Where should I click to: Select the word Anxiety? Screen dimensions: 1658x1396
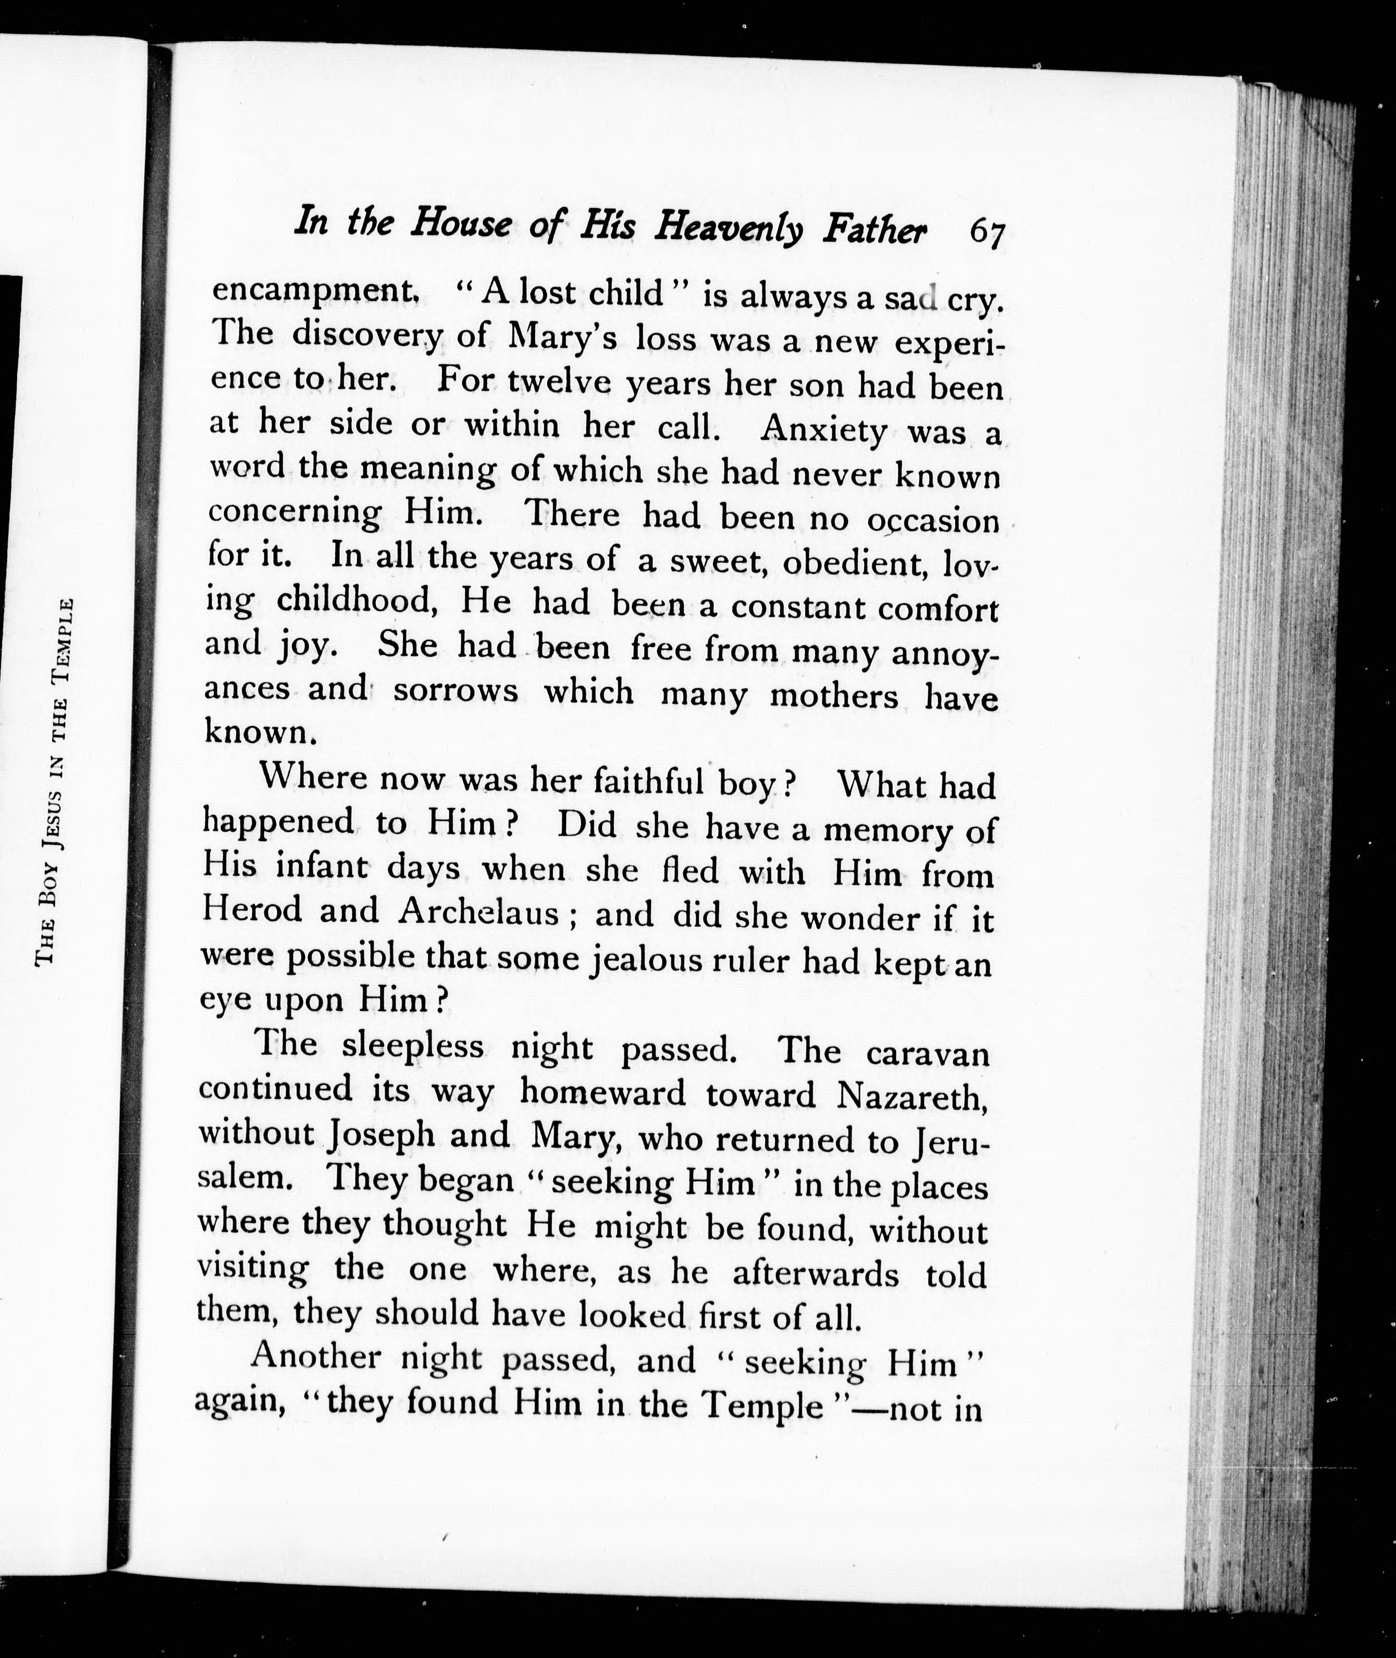823,430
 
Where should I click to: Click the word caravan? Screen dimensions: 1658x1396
928,1053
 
